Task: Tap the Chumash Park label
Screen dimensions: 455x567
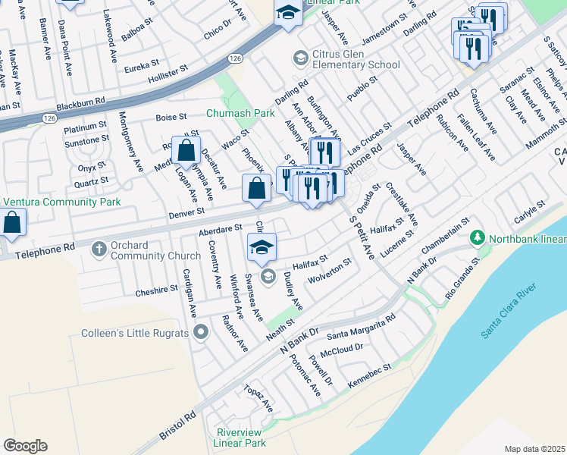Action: click(241, 113)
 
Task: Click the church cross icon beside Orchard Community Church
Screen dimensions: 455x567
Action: click(99, 248)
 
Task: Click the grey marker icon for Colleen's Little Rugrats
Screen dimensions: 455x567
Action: click(200, 331)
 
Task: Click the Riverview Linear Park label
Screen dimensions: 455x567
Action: click(240, 438)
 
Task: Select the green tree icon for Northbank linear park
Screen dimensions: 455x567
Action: click(477, 238)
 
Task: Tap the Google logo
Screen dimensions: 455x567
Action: click(25, 446)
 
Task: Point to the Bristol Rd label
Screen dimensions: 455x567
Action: click(177, 426)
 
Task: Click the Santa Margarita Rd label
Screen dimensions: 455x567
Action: click(361, 328)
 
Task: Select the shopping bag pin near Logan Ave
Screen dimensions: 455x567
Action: click(186, 152)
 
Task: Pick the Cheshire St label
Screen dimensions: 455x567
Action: click(156, 290)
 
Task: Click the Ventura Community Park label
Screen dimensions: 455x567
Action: click(63, 202)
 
